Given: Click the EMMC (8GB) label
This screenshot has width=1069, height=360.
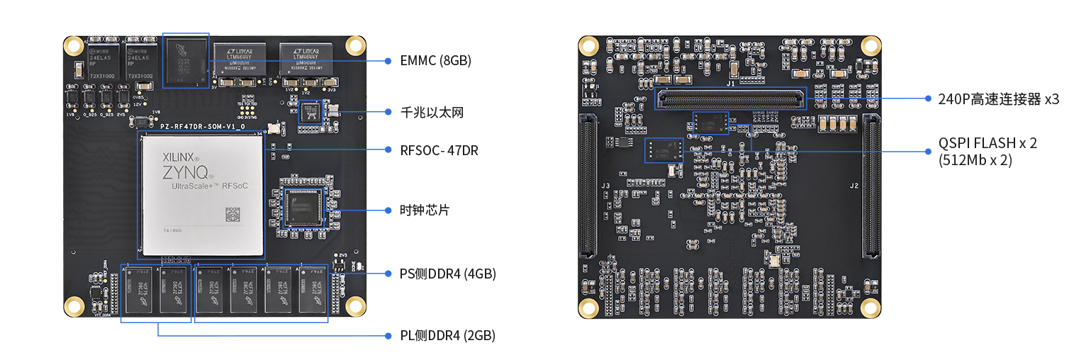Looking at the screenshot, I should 435,61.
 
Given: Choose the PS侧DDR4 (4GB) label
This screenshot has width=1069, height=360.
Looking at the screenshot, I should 447,274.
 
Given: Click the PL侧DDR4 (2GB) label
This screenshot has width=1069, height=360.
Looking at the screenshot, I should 447,335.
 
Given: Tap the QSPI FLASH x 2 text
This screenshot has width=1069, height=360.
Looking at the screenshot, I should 987,143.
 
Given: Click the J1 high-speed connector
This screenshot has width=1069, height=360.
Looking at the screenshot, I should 732,99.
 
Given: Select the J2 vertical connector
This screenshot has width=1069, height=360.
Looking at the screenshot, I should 871,186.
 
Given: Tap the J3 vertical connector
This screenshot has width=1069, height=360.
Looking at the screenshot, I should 588,186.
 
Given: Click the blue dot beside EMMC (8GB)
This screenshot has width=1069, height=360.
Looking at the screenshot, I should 388,61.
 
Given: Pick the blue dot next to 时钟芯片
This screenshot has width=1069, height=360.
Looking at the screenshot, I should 388,210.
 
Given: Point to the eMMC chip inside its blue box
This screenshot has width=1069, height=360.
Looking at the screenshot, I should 186,62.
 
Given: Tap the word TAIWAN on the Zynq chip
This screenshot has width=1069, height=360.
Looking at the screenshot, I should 172,231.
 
